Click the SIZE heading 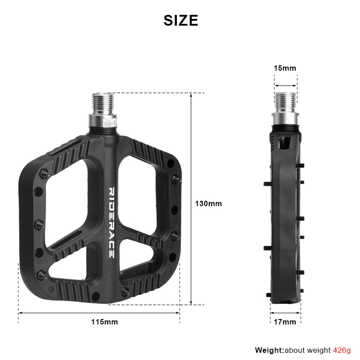point(180,21)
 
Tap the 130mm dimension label point(208,203)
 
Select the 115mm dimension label point(104,322)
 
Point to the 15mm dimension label point(285,68)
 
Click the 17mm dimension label point(285,322)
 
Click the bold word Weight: point(269,350)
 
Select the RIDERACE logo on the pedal point(112,222)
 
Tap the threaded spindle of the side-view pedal point(285,102)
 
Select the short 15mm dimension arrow point(286,85)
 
